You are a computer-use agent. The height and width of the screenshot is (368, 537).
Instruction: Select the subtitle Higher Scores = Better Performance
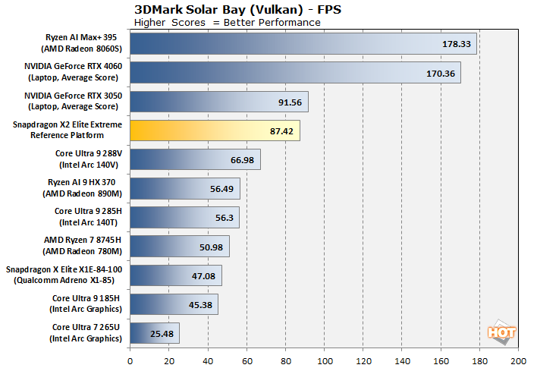(227, 22)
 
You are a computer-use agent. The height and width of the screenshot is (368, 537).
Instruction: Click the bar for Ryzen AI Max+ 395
(303, 44)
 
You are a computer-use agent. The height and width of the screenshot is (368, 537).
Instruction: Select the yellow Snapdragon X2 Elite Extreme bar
(215, 131)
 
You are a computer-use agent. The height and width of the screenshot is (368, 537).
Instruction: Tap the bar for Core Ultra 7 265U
(155, 332)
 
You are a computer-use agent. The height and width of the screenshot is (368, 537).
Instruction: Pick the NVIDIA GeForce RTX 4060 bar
(296, 73)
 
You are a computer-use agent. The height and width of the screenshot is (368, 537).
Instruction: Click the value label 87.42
(280, 131)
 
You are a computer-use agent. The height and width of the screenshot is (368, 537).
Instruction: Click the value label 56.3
(222, 217)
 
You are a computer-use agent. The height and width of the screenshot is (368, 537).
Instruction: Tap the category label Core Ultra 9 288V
(88, 159)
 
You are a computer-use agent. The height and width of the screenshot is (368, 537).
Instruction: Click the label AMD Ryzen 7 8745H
(84, 246)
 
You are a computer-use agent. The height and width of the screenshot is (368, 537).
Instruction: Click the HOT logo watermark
(499, 332)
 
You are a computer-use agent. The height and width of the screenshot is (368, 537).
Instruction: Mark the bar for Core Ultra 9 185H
(174, 304)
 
